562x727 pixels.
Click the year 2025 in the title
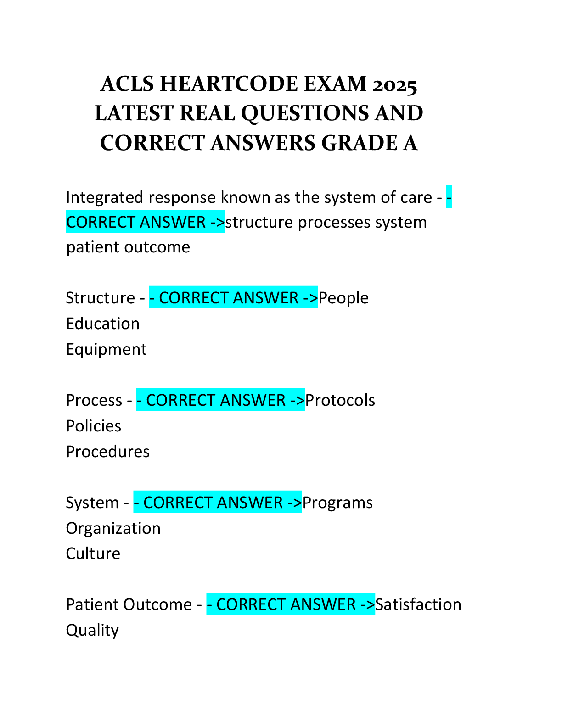pos(394,84)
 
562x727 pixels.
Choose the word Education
pos(103,324)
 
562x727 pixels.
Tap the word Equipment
pos(107,350)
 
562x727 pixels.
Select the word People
pos(343,298)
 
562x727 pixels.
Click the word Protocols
pos(340,401)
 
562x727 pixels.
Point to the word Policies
pos(94,426)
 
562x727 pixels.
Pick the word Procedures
pos(108,452)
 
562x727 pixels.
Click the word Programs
pos(337,503)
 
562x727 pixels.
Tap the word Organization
pos(113,529)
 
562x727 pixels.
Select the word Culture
pos(93,554)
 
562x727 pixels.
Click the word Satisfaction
pos(418,604)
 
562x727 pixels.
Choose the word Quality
pos(92,631)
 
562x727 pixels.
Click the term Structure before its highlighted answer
pos(101,298)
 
